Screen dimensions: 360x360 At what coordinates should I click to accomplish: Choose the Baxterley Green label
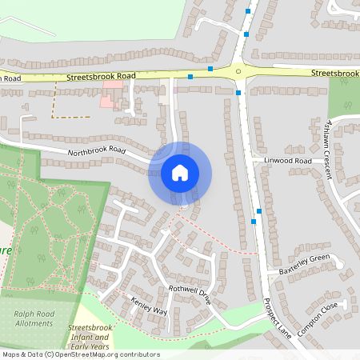click(304, 264)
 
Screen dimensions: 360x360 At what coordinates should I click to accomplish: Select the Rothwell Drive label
click(188, 294)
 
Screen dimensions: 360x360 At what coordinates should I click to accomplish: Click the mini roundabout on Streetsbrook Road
click(238, 71)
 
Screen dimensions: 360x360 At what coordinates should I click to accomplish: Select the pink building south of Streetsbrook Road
click(110, 94)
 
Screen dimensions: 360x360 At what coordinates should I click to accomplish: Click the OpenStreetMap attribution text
click(80, 354)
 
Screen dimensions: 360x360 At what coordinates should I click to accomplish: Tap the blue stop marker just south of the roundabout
click(238, 94)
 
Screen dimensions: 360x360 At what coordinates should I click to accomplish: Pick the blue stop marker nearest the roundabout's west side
click(210, 69)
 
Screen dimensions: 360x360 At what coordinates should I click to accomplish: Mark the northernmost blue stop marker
click(248, 11)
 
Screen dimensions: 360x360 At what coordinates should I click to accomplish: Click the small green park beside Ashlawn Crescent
click(344, 96)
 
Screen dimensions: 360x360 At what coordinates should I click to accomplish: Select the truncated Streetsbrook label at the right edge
click(335, 73)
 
